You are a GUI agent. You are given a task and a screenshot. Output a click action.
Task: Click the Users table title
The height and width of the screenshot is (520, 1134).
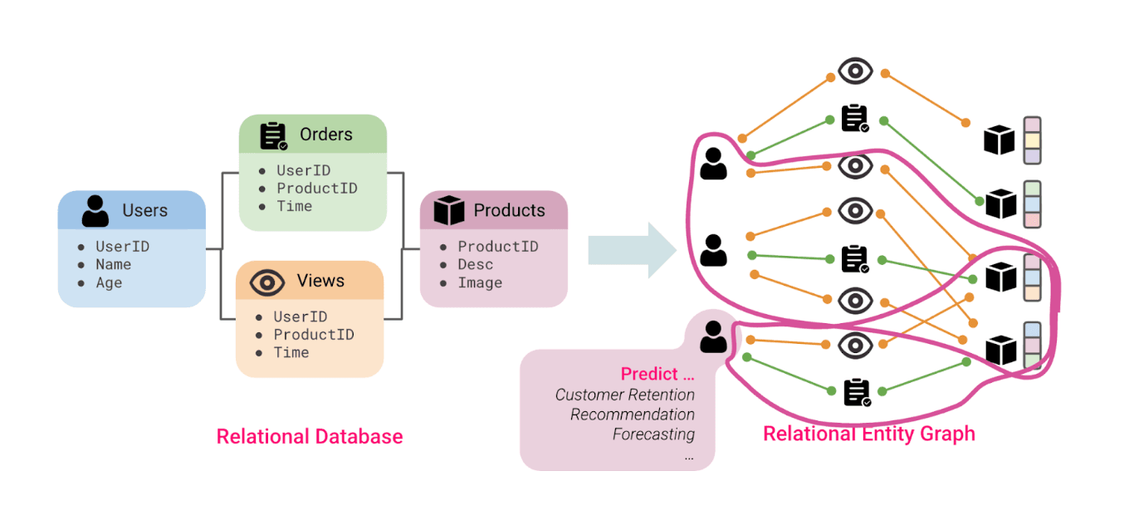click(x=145, y=210)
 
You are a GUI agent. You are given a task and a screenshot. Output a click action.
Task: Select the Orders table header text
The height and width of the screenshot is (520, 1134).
click(x=326, y=135)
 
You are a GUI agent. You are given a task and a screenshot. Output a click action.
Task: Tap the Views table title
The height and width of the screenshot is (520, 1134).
click(x=320, y=281)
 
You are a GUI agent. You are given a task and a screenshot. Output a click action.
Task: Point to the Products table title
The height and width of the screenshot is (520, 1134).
click(x=509, y=210)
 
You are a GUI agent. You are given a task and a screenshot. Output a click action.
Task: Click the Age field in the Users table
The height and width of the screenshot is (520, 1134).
click(x=109, y=282)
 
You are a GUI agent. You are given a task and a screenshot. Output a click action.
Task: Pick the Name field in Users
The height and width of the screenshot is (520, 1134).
click(x=114, y=264)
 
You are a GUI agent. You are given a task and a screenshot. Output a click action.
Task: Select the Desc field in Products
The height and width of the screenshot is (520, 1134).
click(x=476, y=264)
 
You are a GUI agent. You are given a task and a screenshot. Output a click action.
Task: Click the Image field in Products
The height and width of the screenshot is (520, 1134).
click(x=480, y=282)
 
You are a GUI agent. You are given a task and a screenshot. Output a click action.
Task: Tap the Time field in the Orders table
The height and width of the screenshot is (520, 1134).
click(x=295, y=206)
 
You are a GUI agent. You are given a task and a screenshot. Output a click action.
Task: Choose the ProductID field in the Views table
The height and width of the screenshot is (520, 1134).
click(x=314, y=334)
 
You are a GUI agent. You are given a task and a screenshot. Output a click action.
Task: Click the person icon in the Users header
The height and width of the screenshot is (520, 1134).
click(x=95, y=211)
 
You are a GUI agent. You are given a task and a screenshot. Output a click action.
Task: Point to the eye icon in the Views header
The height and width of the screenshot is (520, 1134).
click(x=267, y=282)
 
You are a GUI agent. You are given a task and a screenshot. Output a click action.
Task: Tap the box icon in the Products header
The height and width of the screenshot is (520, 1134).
click(x=449, y=211)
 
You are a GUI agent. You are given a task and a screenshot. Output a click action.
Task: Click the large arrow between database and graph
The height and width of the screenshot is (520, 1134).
click(x=632, y=250)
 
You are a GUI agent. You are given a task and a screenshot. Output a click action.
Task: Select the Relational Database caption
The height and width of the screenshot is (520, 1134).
click(x=310, y=436)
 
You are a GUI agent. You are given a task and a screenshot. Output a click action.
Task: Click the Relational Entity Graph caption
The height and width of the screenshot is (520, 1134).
click(x=869, y=434)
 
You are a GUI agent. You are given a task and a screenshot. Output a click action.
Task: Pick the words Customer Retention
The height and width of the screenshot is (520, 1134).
click(x=624, y=395)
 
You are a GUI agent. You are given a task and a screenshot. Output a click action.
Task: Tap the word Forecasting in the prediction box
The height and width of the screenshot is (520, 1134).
click(x=653, y=434)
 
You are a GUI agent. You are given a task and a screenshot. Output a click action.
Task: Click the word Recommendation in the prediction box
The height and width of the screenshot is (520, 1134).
click(x=632, y=415)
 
